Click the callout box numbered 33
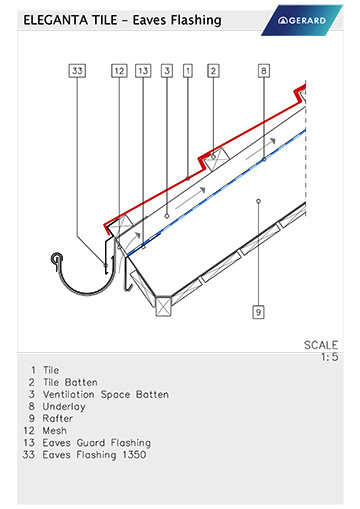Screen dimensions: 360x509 tap(77, 71)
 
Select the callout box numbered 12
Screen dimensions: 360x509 tap(119, 71)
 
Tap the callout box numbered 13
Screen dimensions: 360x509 tap(143, 71)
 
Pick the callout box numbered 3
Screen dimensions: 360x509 tap(167, 71)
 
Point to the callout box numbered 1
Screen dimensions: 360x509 tap(188, 71)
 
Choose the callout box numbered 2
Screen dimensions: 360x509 tap(213, 71)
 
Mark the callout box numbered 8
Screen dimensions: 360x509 tap(264, 71)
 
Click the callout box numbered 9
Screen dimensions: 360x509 tap(258, 312)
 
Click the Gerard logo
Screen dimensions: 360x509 tap(302, 20)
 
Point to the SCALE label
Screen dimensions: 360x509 tap(321, 345)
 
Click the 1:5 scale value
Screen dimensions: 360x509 tap(329, 357)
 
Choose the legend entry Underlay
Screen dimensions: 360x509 tap(64, 407)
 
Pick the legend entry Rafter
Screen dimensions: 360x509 tap(58, 418)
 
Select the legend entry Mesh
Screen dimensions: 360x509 tap(55, 430)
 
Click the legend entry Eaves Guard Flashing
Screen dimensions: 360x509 tap(97, 443)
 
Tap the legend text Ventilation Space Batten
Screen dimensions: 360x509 tap(106, 395)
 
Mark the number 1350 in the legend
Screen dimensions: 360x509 tap(134, 455)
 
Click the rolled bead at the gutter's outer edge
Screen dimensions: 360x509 tap(57, 258)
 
